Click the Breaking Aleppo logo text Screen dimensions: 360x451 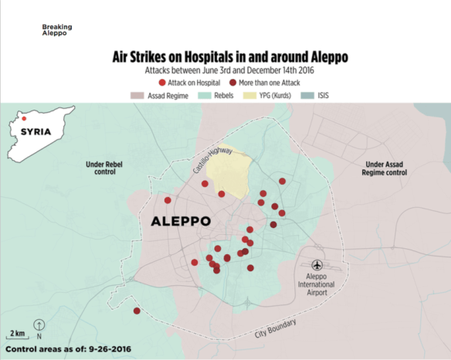(57, 29)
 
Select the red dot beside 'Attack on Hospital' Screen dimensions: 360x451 (161, 82)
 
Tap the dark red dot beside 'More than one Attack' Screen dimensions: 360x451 (232, 82)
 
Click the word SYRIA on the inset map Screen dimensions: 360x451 (36, 131)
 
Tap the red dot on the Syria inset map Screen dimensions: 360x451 (24, 119)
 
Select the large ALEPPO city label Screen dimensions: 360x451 (181, 222)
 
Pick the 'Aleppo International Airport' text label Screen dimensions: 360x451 (317, 284)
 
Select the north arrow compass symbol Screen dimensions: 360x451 (39, 328)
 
